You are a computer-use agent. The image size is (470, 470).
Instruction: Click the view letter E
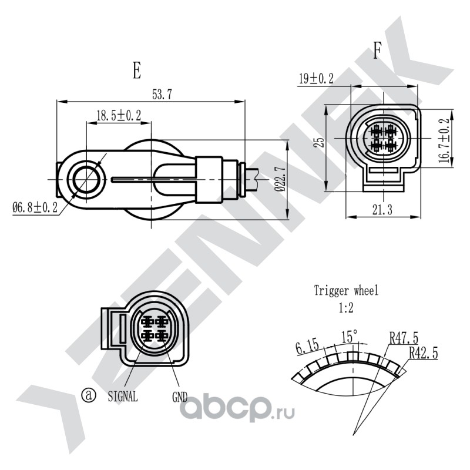(x=137, y=70)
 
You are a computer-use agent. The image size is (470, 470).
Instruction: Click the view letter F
(x=377, y=51)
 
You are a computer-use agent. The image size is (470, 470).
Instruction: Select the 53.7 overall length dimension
(x=162, y=95)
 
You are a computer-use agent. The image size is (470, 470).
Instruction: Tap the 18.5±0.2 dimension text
(x=119, y=115)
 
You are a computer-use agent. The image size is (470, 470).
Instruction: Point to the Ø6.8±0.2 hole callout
(x=35, y=207)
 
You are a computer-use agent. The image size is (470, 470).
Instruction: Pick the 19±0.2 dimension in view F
(x=316, y=79)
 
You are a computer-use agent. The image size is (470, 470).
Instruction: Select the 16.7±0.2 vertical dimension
(x=444, y=140)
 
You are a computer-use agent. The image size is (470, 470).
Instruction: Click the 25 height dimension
(x=320, y=142)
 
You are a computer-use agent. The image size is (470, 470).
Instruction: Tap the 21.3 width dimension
(x=382, y=210)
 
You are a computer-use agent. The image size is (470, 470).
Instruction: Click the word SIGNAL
(x=123, y=397)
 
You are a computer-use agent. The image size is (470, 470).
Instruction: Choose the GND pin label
(x=180, y=397)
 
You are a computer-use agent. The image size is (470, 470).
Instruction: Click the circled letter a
(x=89, y=395)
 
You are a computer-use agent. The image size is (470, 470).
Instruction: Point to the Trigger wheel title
(x=346, y=290)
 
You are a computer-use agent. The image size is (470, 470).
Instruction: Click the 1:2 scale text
(x=346, y=307)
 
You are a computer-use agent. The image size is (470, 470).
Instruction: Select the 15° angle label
(x=349, y=337)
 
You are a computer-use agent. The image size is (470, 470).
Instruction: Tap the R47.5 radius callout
(x=404, y=338)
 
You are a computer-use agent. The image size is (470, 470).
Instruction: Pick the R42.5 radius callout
(x=424, y=353)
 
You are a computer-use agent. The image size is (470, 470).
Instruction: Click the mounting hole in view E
(x=86, y=180)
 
